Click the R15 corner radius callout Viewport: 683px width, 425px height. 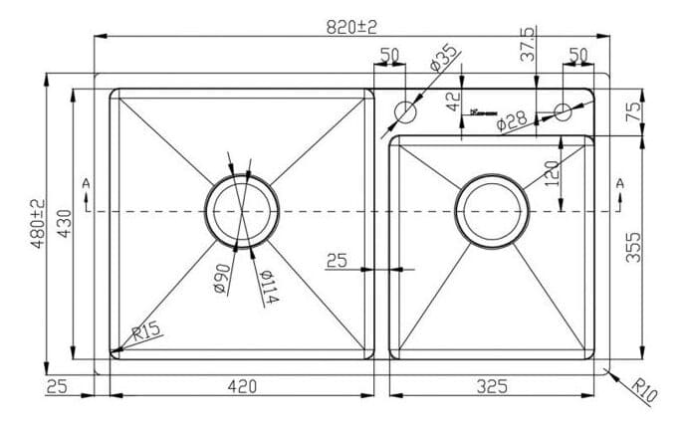(x=144, y=330)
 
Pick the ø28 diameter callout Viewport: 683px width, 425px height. (x=511, y=120)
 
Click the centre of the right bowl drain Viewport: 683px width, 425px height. (x=490, y=211)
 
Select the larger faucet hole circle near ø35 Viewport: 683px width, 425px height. (x=405, y=110)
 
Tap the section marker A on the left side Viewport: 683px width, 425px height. (x=87, y=183)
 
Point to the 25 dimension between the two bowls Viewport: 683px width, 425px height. (x=337, y=261)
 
